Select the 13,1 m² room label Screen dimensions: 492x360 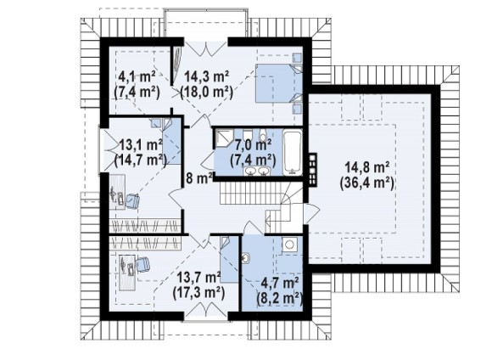pyautogui.click(x=141, y=146)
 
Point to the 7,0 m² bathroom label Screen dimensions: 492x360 pyautogui.click(x=253, y=146)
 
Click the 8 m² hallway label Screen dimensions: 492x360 pyautogui.click(x=199, y=178)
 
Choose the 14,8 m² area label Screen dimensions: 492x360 pyautogui.click(x=367, y=167)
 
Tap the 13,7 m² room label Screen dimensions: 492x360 pyautogui.click(x=198, y=278)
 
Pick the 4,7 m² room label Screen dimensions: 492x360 pyautogui.click(x=280, y=284)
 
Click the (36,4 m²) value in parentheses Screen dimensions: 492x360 pyautogui.click(x=366, y=183)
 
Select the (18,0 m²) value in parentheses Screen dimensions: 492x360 pyautogui.click(x=206, y=93)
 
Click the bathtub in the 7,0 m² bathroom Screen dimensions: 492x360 pyautogui.click(x=292, y=153)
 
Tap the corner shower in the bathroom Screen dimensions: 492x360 pyautogui.click(x=223, y=139)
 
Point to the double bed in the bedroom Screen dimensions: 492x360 pyautogui.click(x=279, y=83)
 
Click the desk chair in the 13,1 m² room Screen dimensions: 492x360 pyautogui.click(x=132, y=201)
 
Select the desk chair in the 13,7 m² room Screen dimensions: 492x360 pyautogui.click(x=143, y=264)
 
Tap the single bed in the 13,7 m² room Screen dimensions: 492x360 pyautogui.click(x=229, y=260)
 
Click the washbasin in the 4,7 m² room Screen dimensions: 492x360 pyautogui.click(x=246, y=258)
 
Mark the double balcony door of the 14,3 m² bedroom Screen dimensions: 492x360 pyautogui.click(x=206, y=48)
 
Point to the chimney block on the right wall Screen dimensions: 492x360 pyautogui.click(x=312, y=170)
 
